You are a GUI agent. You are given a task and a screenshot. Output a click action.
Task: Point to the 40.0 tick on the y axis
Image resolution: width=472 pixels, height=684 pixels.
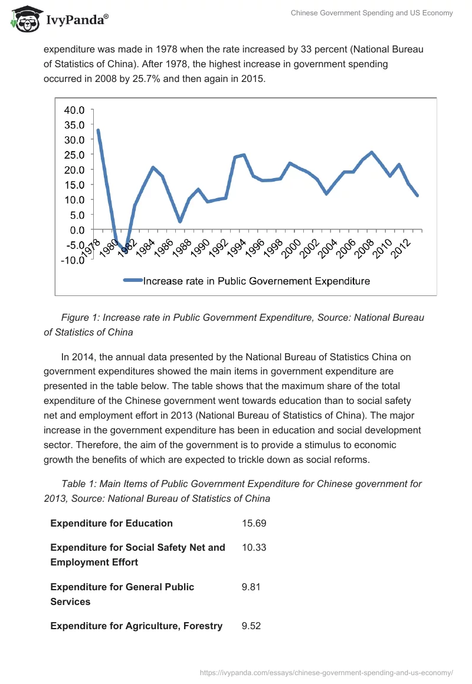click(74, 110)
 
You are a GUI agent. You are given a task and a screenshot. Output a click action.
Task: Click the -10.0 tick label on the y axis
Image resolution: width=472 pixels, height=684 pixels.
click(73, 259)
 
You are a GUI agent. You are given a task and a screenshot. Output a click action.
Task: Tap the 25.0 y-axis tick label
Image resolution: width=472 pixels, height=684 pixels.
click(74, 154)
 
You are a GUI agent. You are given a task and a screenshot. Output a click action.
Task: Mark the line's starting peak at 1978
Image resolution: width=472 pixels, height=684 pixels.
click(98, 130)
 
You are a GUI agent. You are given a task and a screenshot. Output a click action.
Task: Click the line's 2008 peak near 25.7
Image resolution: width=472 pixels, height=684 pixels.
click(371, 152)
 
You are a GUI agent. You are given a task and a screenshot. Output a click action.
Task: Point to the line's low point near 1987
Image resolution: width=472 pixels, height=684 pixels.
click(180, 221)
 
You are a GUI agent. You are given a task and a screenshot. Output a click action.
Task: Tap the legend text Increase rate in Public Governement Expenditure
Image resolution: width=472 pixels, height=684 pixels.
click(257, 281)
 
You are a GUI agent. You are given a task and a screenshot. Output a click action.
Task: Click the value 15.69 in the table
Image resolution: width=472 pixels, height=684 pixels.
click(254, 523)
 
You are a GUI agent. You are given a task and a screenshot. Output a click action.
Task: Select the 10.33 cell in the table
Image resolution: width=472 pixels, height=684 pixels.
click(254, 547)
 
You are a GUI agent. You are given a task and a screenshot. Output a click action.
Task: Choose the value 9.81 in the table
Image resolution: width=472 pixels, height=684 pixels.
click(251, 587)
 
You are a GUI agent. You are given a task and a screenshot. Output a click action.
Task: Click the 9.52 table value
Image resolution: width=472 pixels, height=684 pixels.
click(251, 626)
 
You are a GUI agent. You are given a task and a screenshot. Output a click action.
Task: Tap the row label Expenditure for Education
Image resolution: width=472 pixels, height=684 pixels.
click(112, 523)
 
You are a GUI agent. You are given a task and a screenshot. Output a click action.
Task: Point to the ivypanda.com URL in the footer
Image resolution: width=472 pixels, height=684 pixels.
click(326, 672)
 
